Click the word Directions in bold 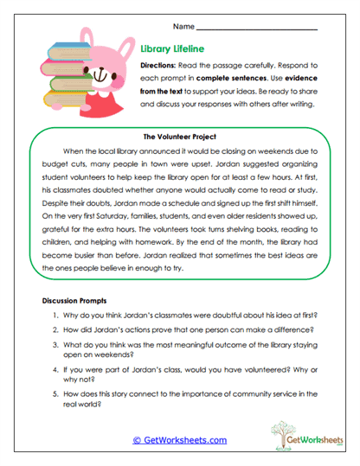[164, 66]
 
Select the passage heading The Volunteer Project [179, 136]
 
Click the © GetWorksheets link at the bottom [179, 440]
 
